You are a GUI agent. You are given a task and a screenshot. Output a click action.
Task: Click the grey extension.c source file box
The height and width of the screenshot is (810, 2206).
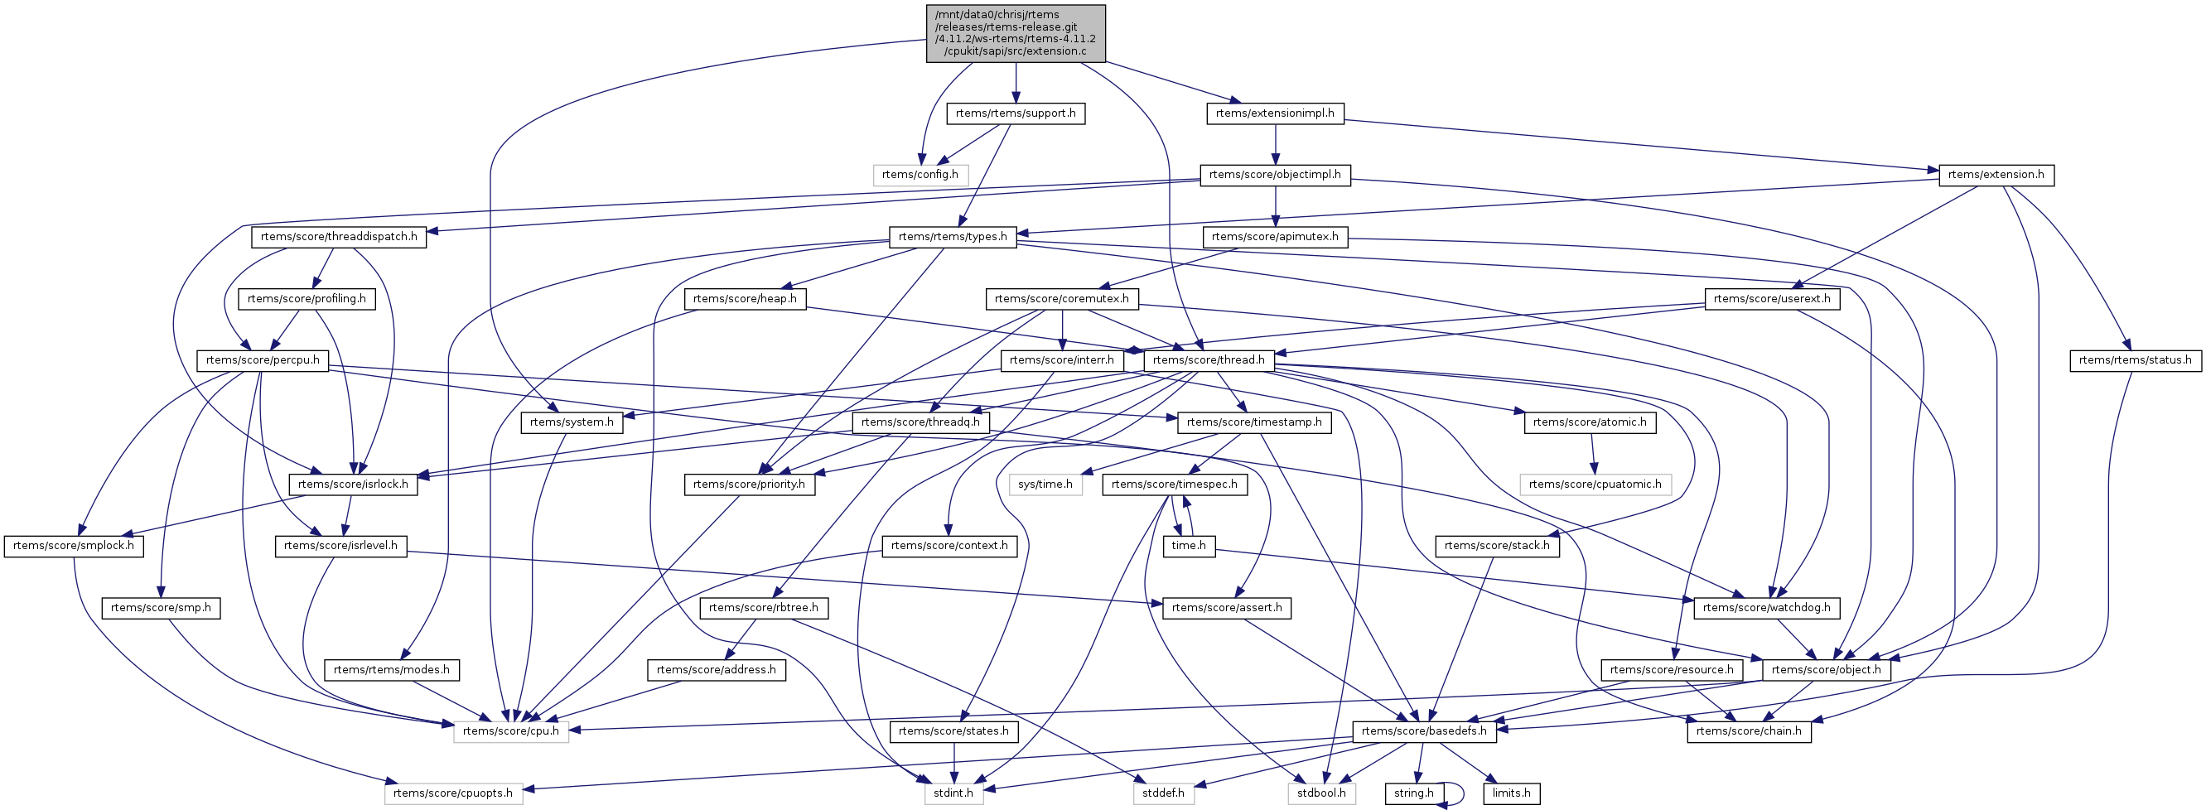pyautogui.click(x=1015, y=33)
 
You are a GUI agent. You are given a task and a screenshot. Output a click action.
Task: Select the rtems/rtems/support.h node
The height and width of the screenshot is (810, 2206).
pyautogui.click(x=1015, y=113)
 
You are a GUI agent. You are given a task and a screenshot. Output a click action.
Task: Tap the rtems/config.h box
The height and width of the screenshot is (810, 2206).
pyautogui.click(x=920, y=175)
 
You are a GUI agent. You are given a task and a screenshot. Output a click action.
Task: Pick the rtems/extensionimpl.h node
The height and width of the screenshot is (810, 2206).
pyautogui.click(x=1274, y=113)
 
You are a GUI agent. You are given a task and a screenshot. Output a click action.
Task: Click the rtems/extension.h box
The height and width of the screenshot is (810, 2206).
pyautogui.click(x=1995, y=175)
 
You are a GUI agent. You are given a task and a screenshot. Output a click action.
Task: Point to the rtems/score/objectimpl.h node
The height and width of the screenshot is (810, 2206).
pyautogui.click(x=1274, y=175)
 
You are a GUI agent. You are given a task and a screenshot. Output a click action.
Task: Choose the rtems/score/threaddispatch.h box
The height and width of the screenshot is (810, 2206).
pyautogui.click(x=339, y=236)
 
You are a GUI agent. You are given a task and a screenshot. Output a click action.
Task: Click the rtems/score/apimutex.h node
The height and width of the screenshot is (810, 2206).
pyautogui.click(x=1274, y=236)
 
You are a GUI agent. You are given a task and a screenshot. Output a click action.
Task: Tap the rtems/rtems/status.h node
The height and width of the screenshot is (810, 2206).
pyautogui.click(x=2134, y=360)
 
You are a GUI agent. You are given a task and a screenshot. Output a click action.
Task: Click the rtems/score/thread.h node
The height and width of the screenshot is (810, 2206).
pyautogui.click(x=1208, y=360)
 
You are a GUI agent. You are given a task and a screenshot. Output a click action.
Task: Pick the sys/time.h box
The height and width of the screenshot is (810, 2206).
pyautogui.click(x=1045, y=485)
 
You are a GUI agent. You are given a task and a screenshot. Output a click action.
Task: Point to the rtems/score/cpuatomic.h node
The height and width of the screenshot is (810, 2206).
pyautogui.click(x=1595, y=485)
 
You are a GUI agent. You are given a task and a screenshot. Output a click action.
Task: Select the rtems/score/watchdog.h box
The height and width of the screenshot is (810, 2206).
pyautogui.click(x=1766, y=608)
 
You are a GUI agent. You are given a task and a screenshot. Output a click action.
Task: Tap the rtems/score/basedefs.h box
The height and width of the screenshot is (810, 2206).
pyautogui.click(x=1423, y=731)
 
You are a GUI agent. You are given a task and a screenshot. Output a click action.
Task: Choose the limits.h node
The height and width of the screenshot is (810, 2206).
pyautogui.click(x=1511, y=793)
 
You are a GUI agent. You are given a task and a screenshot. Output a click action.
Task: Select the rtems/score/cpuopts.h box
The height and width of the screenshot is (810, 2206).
pyautogui.click(x=452, y=793)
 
